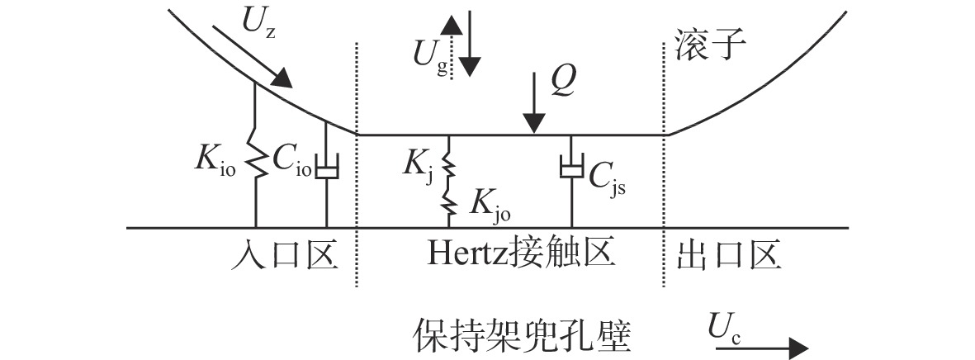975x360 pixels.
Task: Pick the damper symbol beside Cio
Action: coord(326,167)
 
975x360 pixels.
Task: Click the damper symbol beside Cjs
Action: coord(570,167)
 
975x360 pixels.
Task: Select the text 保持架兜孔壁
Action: coord(521,336)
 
